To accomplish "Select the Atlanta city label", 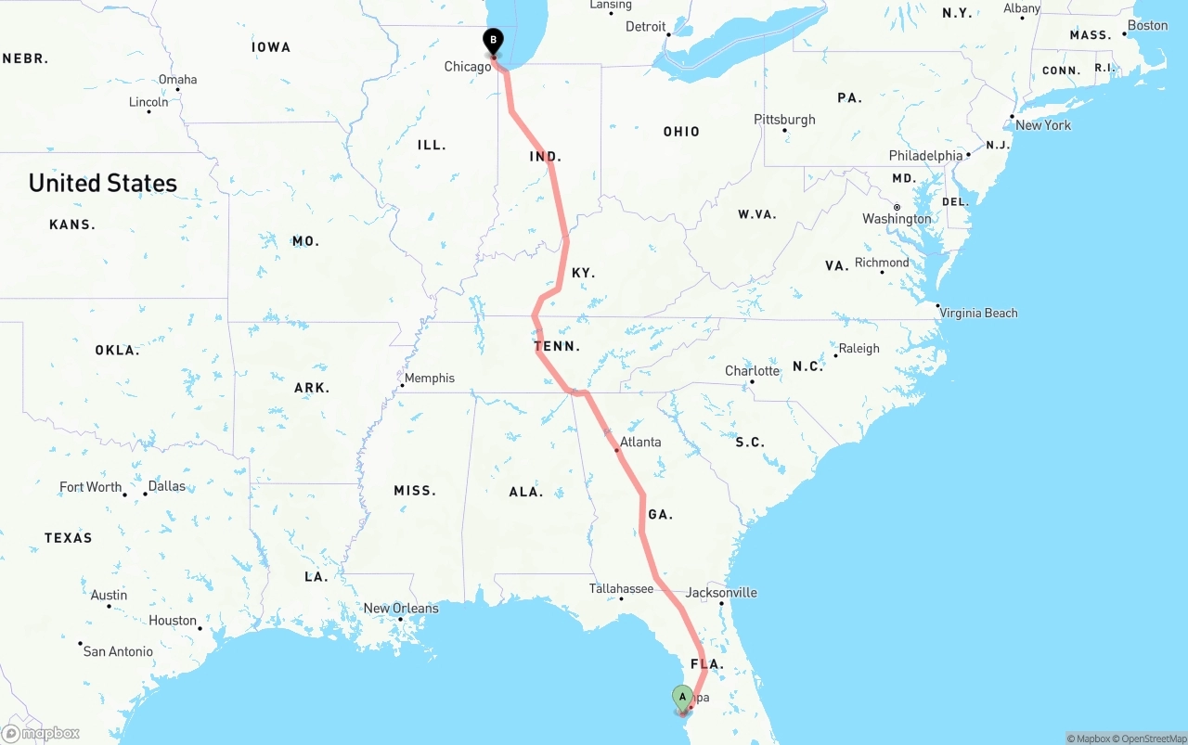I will click(x=640, y=442).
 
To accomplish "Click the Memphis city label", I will click(x=430, y=378).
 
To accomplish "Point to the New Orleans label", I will click(x=401, y=609).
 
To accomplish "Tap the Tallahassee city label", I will click(x=621, y=589).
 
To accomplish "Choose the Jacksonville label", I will click(x=721, y=593).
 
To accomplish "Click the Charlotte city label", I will click(x=752, y=371).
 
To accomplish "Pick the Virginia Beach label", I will click(x=978, y=313).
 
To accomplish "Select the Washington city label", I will click(x=897, y=219).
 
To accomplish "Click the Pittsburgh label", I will click(x=784, y=120).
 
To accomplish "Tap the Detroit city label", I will click(x=646, y=27).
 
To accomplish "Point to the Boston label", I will click(x=1147, y=25).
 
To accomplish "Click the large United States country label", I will click(x=103, y=183).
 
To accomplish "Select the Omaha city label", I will click(x=177, y=80).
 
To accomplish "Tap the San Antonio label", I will click(x=118, y=651).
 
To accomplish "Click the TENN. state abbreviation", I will click(x=557, y=346).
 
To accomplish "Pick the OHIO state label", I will click(x=681, y=132).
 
